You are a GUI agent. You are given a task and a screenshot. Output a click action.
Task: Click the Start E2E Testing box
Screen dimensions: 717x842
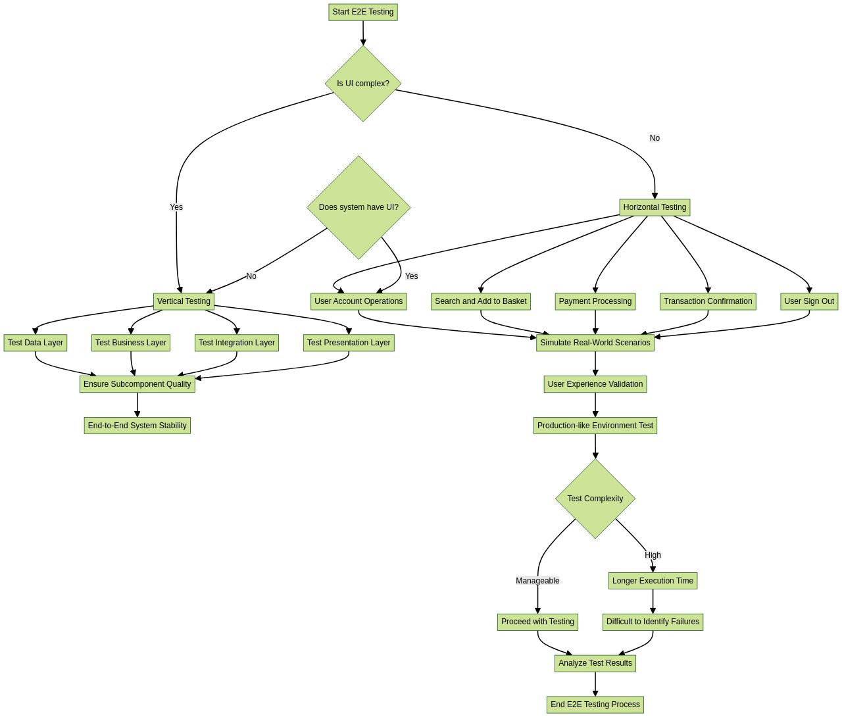[363, 12]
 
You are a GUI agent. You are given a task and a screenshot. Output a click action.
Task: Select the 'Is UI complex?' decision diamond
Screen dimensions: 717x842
[363, 84]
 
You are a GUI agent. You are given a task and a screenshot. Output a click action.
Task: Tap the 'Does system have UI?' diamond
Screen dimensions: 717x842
[359, 207]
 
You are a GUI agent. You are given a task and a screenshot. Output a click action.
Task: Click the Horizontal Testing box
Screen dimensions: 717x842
[655, 207]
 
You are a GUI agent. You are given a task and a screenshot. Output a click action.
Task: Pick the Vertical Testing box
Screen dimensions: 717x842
[184, 301]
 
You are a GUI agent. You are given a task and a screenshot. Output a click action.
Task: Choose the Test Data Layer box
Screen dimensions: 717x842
[36, 343]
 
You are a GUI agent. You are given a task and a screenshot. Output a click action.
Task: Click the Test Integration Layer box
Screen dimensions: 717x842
[237, 343]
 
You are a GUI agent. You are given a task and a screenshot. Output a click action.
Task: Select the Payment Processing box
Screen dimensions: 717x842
[595, 301]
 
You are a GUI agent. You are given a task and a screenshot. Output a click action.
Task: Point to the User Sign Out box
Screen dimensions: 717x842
[809, 301]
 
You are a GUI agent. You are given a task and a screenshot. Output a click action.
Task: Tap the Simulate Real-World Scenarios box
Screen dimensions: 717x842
[595, 343]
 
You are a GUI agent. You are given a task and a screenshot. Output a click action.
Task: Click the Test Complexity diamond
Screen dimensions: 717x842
[595, 499]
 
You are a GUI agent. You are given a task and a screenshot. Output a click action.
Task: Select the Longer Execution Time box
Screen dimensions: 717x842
[653, 581]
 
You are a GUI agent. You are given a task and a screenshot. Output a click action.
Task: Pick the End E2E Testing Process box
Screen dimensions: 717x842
[595, 705]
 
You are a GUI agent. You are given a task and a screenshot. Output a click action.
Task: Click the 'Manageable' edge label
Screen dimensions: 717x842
[537, 581]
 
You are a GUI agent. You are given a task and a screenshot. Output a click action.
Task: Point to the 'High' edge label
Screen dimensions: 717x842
[653, 555]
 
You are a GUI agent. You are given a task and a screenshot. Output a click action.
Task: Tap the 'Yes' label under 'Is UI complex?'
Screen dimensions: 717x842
[176, 207]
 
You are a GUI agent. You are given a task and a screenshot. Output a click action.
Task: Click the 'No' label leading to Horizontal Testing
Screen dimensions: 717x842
[655, 138]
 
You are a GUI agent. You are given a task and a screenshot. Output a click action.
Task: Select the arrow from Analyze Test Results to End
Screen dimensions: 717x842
[595, 684]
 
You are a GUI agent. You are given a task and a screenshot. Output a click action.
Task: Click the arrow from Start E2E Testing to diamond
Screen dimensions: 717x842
[363, 33]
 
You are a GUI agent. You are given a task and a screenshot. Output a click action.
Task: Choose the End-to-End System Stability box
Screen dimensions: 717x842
[137, 426]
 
